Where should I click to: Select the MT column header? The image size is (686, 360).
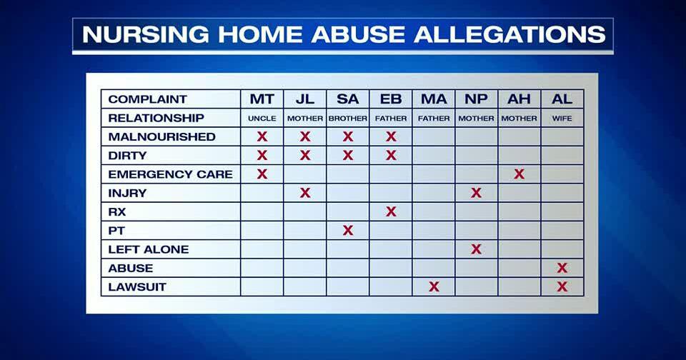coord(262,99)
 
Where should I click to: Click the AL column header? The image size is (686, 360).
coord(562,99)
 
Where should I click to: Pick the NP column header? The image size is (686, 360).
coord(476,99)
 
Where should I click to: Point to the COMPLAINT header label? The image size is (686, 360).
coord(147,99)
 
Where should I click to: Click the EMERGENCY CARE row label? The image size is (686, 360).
coord(170,174)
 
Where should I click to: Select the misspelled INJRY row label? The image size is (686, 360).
coord(127,193)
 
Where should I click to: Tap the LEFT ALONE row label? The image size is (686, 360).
coord(149,249)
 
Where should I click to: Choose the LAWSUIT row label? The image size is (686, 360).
coord(137,286)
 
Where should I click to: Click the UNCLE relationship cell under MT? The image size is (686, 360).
coord(262,119)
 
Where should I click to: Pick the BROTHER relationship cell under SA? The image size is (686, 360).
coord(348,119)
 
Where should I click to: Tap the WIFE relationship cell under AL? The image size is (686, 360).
coord(562,119)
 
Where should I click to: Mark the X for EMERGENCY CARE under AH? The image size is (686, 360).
coord(520,174)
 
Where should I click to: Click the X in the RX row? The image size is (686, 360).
coord(391,211)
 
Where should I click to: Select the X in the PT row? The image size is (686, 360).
coord(348,230)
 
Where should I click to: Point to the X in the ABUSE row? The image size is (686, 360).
coord(562,268)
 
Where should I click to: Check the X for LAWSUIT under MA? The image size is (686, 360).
coord(434,286)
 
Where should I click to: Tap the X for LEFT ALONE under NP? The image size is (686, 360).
coord(476,249)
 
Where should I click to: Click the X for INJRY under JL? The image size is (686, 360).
coord(305,193)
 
